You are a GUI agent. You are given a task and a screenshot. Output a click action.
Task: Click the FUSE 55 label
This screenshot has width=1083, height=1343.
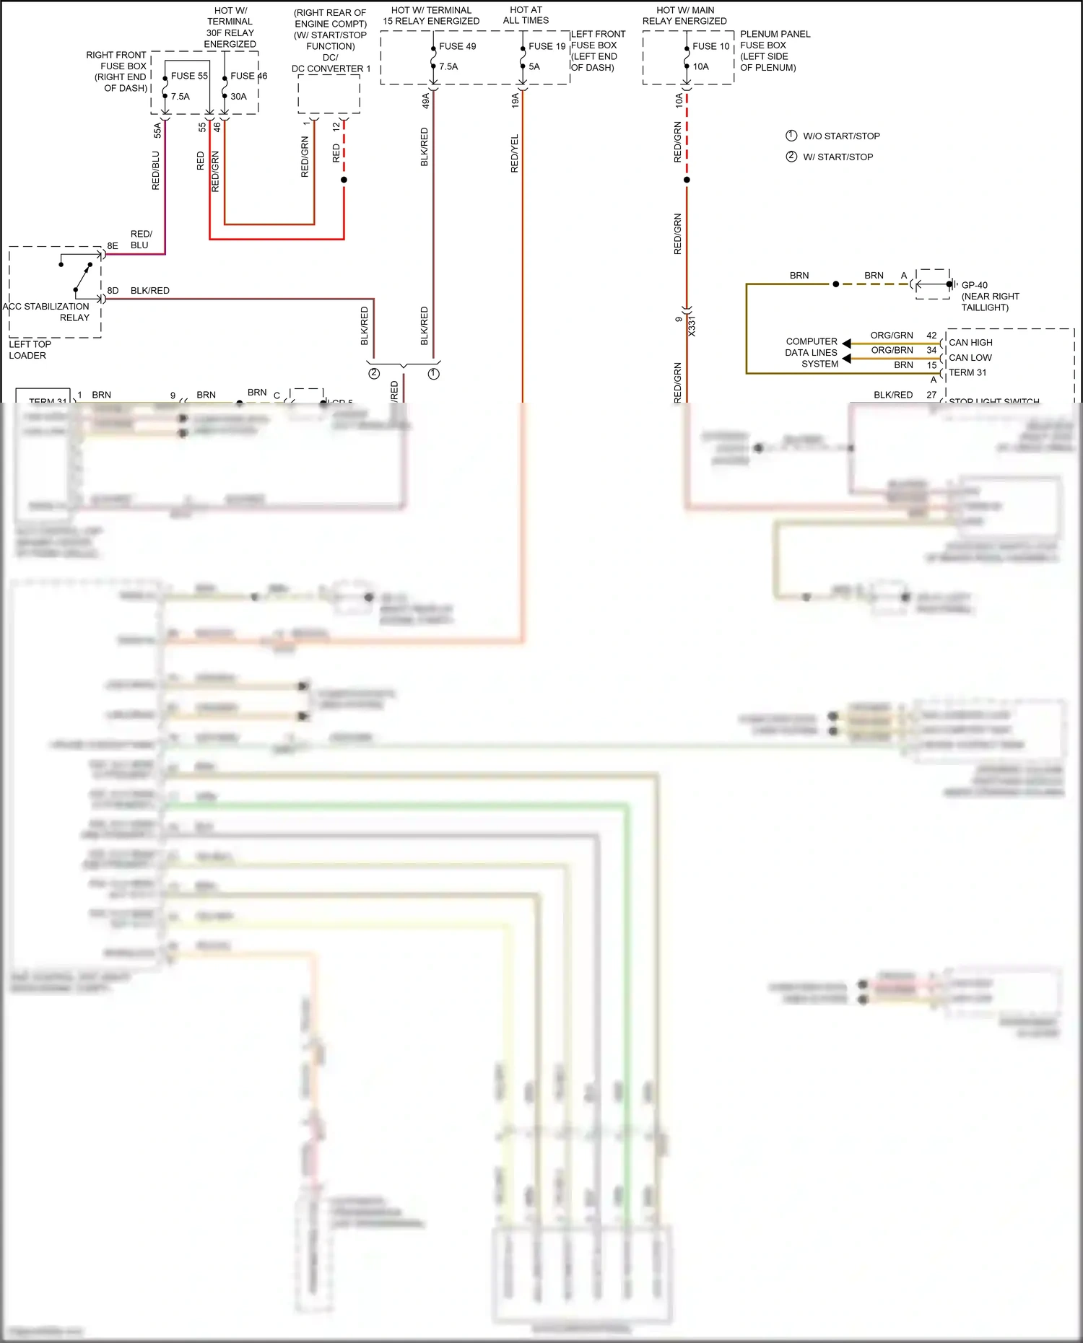[189, 76]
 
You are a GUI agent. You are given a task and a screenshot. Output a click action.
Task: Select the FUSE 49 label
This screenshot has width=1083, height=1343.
[458, 46]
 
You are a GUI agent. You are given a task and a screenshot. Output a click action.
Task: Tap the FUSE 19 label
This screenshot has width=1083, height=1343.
[547, 46]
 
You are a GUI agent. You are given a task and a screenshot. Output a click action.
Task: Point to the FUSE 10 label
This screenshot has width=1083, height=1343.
[711, 46]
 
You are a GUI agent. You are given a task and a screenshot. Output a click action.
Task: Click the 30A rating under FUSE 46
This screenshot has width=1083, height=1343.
[238, 97]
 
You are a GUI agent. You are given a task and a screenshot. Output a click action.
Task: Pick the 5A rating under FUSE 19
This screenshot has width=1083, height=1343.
[534, 66]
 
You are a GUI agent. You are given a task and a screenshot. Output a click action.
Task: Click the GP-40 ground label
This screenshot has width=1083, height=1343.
[975, 285]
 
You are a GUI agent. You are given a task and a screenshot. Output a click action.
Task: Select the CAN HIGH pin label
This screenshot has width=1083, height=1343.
[970, 343]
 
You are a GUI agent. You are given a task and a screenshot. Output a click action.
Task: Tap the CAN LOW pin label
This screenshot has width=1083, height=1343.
[970, 358]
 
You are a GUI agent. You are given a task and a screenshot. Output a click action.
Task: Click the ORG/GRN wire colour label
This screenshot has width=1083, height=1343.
[892, 336]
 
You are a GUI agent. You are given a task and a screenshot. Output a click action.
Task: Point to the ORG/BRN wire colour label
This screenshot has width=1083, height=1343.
[892, 351]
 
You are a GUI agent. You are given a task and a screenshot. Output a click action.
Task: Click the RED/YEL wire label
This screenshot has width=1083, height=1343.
[515, 154]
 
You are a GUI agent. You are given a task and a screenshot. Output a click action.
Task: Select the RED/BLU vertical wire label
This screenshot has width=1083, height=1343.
[156, 170]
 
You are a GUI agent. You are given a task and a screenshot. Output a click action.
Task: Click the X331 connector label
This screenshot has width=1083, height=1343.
[692, 325]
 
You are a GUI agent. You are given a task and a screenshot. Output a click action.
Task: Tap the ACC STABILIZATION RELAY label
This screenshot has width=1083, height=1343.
[47, 312]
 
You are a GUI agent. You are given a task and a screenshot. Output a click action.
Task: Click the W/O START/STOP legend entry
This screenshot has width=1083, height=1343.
[841, 136]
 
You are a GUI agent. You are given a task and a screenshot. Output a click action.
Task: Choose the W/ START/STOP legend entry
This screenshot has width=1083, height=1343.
[838, 157]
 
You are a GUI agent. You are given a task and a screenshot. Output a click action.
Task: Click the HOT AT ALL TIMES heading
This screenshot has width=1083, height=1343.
[526, 15]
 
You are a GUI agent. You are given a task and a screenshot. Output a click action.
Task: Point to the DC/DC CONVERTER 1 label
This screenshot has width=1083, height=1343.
[331, 64]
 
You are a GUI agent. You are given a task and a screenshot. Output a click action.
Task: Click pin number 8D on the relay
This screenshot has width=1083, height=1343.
[113, 291]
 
